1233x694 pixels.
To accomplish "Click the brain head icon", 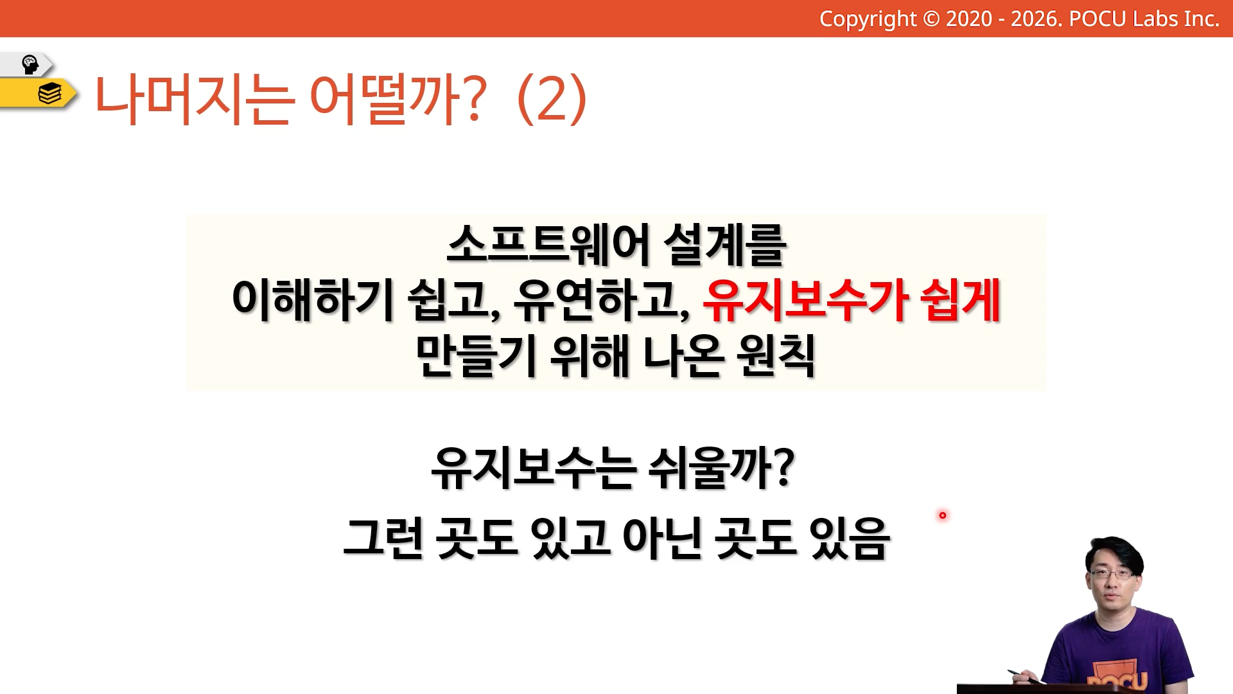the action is click(x=30, y=64).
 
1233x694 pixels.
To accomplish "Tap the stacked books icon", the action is click(x=49, y=94).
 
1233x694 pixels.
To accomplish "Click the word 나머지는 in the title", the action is click(x=195, y=99).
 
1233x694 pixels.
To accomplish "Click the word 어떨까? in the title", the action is click(x=398, y=99).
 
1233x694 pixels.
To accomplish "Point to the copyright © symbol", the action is click(x=931, y=19).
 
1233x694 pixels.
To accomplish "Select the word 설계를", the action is click(x=724, y=245).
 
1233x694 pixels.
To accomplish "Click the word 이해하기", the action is click(x=312, y=299).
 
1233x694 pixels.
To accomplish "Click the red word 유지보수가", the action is click(x=805, y=299).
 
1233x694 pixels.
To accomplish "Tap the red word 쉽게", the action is click(x=960, y=299).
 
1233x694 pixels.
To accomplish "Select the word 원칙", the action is click(x=776, y=355).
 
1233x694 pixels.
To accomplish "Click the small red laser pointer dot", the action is click(x=943, y=515).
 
